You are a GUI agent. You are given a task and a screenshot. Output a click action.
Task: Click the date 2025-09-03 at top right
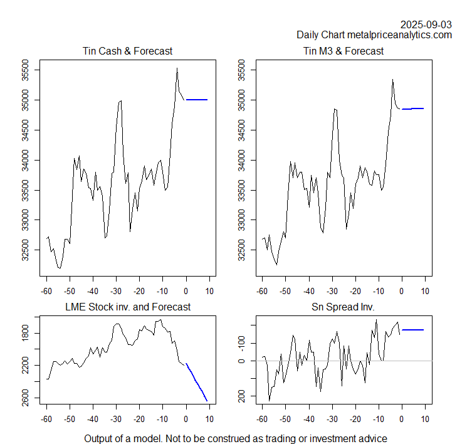tap(426, 24)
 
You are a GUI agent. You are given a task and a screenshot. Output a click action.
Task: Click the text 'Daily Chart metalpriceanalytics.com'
tap(374, 35)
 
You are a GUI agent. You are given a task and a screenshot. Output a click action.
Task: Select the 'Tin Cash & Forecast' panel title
tap(127, 51)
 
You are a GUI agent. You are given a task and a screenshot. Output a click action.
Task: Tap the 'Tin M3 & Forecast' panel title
tap(343, 51)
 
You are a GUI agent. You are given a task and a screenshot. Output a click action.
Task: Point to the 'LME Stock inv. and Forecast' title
tap(127, 307)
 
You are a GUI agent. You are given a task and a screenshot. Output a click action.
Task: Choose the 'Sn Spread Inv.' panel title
tap(343, 307)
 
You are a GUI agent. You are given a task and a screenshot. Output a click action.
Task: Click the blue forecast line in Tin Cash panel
tap(197, 100)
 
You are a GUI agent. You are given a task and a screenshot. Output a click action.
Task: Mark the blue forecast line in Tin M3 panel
tap(414, 108)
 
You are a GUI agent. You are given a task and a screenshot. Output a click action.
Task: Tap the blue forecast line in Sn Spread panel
tap(413, 330)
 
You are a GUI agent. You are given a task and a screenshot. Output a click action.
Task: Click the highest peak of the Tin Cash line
tap(177, 68)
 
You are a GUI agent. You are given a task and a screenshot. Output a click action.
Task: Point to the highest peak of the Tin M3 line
tap(392, 80)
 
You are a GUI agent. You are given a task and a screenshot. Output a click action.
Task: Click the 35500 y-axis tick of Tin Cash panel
tap(26, 70)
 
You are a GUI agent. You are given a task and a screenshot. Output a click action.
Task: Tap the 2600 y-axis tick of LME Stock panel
tap(26, 398)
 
